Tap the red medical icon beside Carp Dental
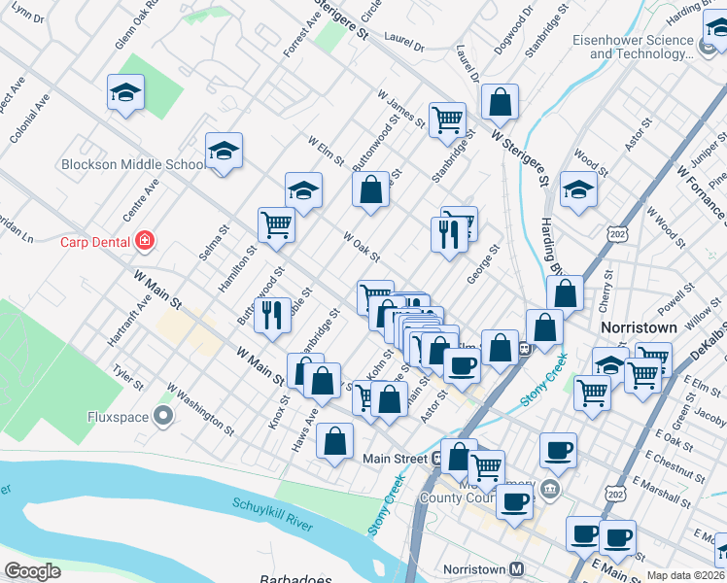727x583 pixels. pos(145,239)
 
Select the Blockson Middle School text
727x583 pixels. pos(131,164)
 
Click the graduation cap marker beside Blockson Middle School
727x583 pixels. pos(224,152)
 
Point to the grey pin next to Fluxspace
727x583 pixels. pos(162,418)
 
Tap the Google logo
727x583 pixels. pos(32,571)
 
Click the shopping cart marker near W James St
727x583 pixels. pos(447,120)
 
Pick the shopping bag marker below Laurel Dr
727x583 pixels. pos(499,100)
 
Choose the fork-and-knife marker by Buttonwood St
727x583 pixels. pos(274,315)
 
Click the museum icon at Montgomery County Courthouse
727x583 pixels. pos(551,488)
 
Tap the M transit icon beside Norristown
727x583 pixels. pos(517,568)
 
